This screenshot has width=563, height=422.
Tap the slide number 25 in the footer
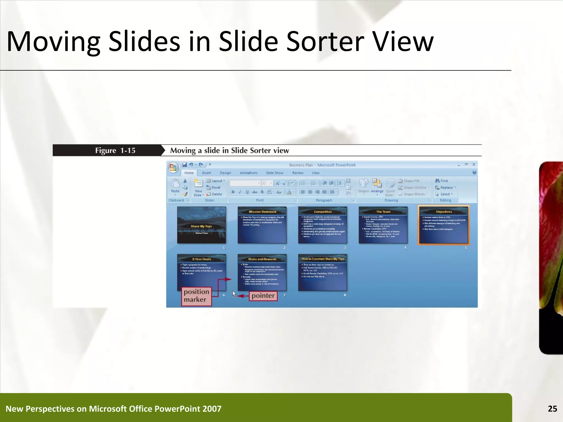click(x=552, y=409)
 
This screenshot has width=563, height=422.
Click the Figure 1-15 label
click(x=115, y=151)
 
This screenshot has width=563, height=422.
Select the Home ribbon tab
click(x=189, y=173)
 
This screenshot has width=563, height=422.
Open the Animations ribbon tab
click(x=249, y=173)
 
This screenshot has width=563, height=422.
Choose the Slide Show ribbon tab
click(x=274, y=173)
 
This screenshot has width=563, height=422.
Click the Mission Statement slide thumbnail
click(x=262, y=225)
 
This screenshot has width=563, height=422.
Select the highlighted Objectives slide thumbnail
click(x=443, y=225)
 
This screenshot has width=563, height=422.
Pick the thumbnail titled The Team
click(x=383, y=225)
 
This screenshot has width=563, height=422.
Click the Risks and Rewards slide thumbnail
click(x=262, y=273)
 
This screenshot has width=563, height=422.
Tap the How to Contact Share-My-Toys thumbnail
click(x=322, y=273)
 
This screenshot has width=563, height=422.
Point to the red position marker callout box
click(x=196, y=296)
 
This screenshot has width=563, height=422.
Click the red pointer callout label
click(x=263, y=296)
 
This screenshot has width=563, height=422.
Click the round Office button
click(x=173, y=167)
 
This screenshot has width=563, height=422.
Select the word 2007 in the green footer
click(x=212, y=409)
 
